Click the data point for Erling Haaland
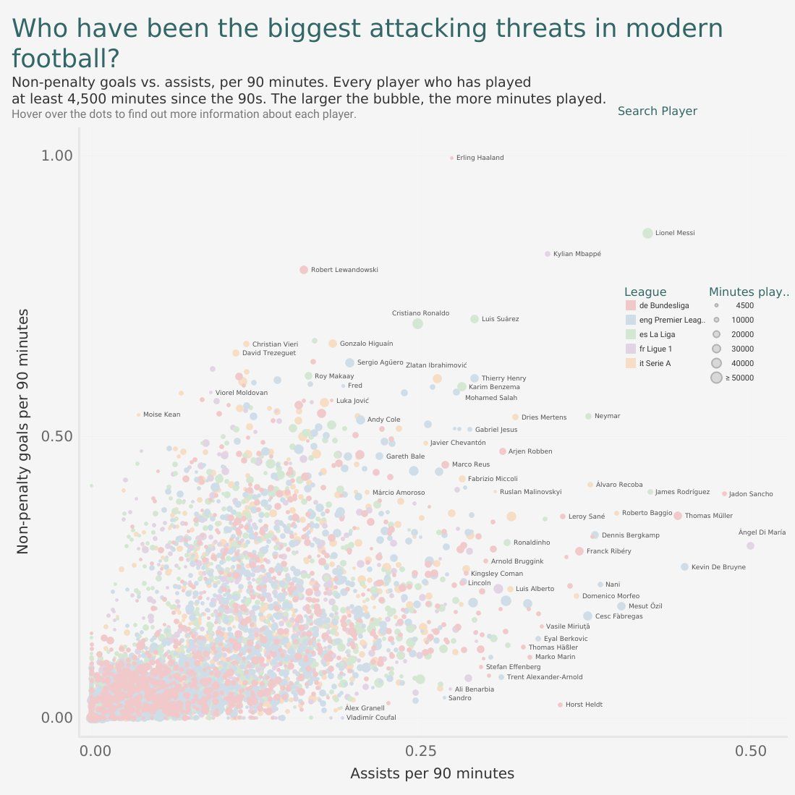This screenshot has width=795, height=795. pos(451,158)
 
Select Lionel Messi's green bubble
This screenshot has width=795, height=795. pos(647,233)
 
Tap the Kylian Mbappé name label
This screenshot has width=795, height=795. pos(577,254)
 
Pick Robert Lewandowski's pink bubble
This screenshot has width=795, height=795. pos(304,270)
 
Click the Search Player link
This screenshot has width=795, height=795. pos(657,111)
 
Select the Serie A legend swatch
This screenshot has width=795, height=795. pos(630,363)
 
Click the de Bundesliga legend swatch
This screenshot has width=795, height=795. pos(630,306)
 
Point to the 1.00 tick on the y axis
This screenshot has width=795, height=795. pos(57,156)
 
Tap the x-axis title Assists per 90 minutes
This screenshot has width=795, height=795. pos(432,773)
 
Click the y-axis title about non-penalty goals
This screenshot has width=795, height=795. pos(23,431)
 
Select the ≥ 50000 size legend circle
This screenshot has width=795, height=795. pos(716,378)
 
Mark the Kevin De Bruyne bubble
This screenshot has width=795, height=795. pos(684,567)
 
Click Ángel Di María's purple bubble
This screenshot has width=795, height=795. pos(750,545)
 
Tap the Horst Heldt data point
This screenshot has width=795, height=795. pos(560,705)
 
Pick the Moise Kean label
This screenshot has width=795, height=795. pos(161,414)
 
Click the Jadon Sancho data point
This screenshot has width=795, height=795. pos(724,493)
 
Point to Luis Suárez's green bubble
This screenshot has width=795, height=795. pos(475,319)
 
